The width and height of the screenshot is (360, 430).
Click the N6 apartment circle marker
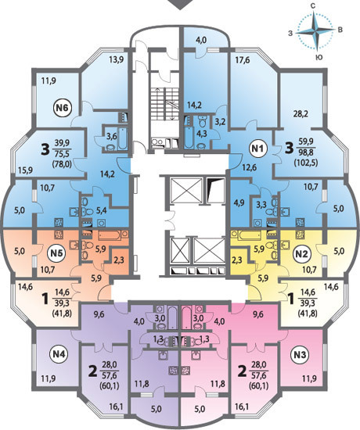tap(63, 108)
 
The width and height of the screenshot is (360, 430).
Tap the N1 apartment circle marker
tap(258, 149)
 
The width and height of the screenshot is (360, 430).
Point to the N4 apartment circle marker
tap(59, 354)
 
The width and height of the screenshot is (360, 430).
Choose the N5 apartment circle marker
tap(57, 253)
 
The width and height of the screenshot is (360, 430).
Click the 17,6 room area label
tap(242, 59)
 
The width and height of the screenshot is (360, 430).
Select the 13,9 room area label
tap(116, 60)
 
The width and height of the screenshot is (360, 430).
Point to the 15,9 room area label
tap(25, 170)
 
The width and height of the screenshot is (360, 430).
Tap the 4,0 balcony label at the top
tap(201, 41)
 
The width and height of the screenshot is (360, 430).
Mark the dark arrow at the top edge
tap(180, 5)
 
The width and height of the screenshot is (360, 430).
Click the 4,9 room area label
tap(237, 204)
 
